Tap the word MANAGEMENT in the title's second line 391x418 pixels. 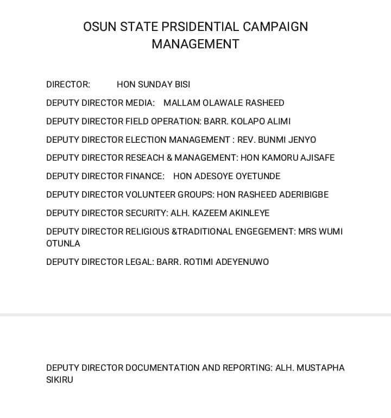coord(195,44)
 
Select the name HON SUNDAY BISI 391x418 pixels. coord(153,85)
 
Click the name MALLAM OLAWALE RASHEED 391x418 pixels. coord(224,103)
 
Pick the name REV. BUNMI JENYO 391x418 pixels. coord(276,140)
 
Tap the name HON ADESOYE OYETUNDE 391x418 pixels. coord(226,176)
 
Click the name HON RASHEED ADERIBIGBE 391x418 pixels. coord(273,195)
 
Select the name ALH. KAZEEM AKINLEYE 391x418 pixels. coord(220,213)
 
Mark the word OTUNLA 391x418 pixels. coord(63,244)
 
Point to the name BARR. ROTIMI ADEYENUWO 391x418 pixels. coord(212,262)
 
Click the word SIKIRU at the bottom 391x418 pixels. coord(60,380)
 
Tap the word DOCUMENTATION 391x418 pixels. coord(162,368)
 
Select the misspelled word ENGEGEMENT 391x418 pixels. coord(264,232)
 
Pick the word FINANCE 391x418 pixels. coord(144,176)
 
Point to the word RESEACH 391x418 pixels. coord(144,158)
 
